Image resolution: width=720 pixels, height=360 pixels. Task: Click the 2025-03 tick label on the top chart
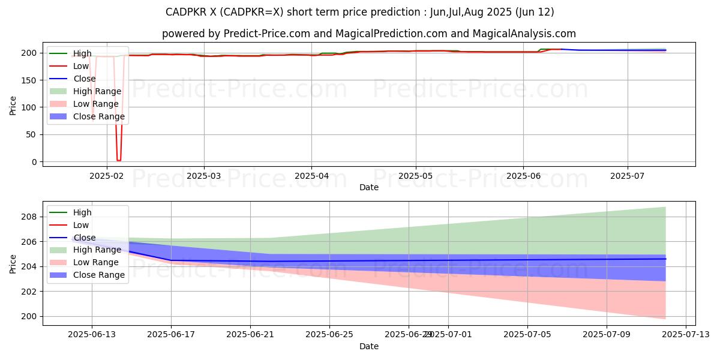point(203,176)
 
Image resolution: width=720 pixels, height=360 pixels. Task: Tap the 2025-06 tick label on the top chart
point(523,176)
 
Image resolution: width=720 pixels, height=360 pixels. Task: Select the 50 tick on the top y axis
point(33,135)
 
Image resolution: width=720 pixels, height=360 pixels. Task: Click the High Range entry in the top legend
point(97,91)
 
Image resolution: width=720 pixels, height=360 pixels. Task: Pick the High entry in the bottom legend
point(82,212)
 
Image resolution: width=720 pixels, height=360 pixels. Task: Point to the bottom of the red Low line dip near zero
point(118,160)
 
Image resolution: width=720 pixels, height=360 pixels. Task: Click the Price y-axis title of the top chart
point(13,106)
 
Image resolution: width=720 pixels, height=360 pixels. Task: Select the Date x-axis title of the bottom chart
point(369,346)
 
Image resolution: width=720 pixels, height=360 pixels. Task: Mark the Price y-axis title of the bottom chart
point(13,263)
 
